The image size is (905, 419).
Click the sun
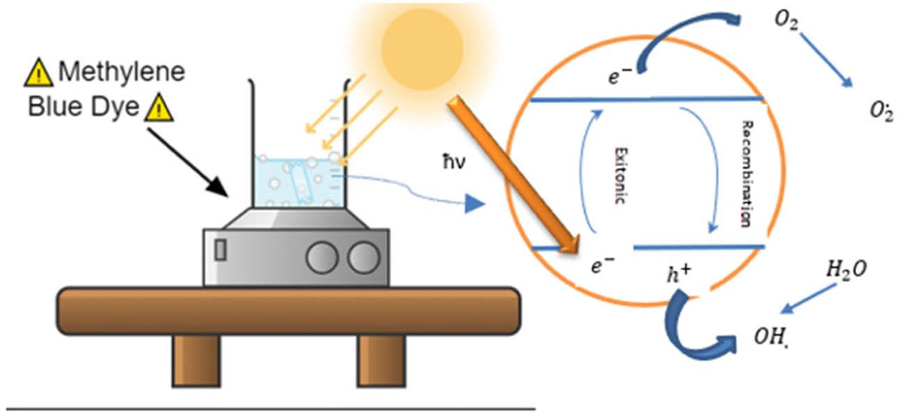422,43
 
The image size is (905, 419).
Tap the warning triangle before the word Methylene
38,72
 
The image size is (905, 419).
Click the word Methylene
121,72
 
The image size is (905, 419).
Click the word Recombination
745,174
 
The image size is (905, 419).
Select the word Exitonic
621,174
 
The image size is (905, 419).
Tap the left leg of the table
197,361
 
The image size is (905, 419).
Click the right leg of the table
380,361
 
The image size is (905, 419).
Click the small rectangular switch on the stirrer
221,250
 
